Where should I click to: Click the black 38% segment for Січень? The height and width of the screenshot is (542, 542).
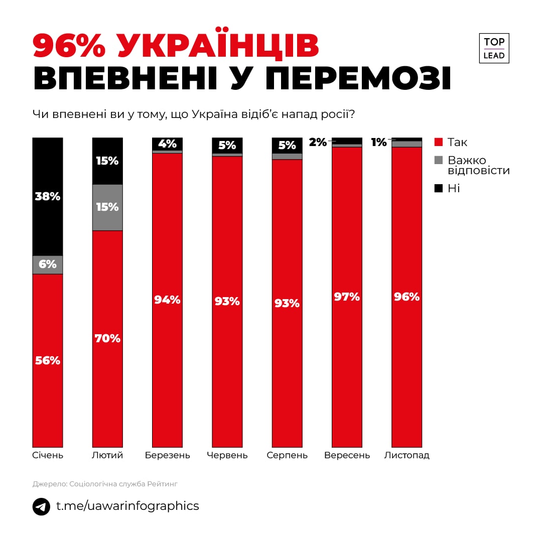(48, 196)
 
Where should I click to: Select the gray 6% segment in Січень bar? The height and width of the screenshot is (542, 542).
(48, 264)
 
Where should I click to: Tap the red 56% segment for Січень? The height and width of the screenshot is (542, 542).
(48, 360)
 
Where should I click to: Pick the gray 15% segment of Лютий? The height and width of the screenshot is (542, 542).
(107, 207)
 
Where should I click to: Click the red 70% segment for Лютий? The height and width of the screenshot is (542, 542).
(107, 339)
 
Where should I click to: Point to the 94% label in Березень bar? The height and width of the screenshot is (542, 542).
(167, 300)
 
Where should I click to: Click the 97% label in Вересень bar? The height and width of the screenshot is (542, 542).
(347, 297)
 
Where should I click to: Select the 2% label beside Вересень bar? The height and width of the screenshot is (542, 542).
(318, 143)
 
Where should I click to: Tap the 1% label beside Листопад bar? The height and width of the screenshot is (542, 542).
(379, 143)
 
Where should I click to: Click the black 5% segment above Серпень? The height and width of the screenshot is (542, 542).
(287, 145)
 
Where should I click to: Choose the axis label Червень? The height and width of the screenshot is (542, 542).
(227, 456)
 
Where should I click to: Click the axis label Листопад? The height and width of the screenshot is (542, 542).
(407, 456)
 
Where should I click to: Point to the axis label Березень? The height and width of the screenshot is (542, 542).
(168, 456)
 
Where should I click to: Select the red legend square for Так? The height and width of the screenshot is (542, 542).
(439, 142)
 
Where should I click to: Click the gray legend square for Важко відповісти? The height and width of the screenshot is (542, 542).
(439, 161)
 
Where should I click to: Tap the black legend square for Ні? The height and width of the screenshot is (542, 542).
(439, 189)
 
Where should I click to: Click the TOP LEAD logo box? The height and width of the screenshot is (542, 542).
(494, 48)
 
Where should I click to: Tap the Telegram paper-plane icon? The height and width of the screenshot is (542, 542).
(42, 506)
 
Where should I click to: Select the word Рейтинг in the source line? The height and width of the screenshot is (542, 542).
(162, 484)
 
